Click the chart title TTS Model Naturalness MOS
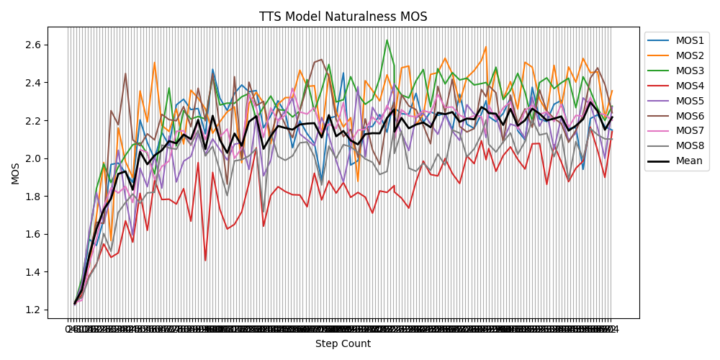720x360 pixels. [x=343, y=17]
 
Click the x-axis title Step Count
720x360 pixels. [x=343, y=344]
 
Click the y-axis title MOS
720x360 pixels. [x=15, y=173]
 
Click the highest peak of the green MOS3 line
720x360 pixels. [x=387, y=40]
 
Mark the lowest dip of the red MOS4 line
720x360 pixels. [x=205, y=260]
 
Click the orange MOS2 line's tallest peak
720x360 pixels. [x=485, y=47]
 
